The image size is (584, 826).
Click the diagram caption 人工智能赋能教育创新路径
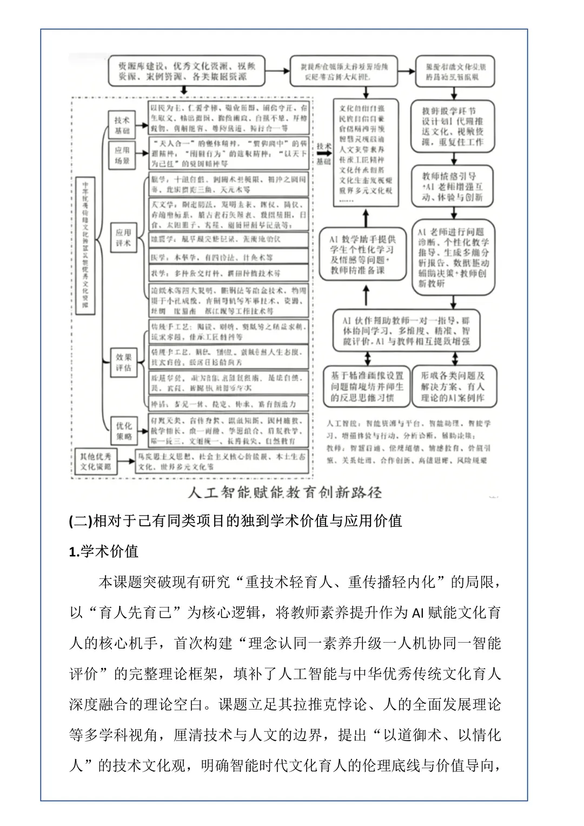click(x=284, y=492)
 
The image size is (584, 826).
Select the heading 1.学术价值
click(x=104, y=551)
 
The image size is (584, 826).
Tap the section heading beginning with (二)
click(x=236, y=520)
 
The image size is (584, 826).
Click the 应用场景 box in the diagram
click(x=122, y=155)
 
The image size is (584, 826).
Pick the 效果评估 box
click(x=124, y=362)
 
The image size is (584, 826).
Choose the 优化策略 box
click(x=124, y=431)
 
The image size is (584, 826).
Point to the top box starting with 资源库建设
click(x=187, y=71)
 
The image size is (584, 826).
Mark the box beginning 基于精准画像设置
click(x=367, y=386)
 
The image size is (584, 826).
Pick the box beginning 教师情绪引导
click(x=453, y=187)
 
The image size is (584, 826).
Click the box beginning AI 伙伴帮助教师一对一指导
click(x=409, y=329)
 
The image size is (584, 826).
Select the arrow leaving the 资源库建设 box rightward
click(x=277, y=70)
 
